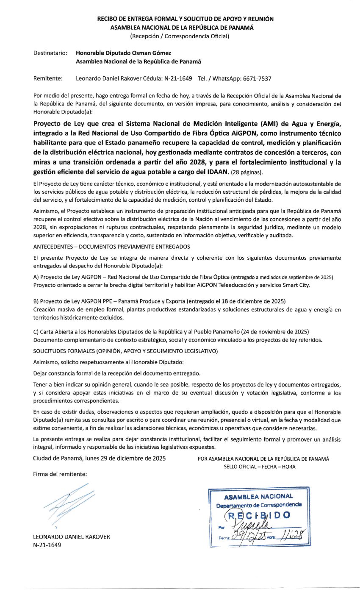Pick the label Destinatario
tap(50, 53)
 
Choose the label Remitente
tap(48, 78)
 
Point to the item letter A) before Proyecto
tap(36, 277)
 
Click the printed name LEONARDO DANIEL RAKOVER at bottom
tap(71, 536)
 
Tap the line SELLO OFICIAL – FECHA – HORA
tap(260, 467)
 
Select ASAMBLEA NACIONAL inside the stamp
tap(258, 496)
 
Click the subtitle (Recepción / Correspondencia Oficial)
tap(180, 36)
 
